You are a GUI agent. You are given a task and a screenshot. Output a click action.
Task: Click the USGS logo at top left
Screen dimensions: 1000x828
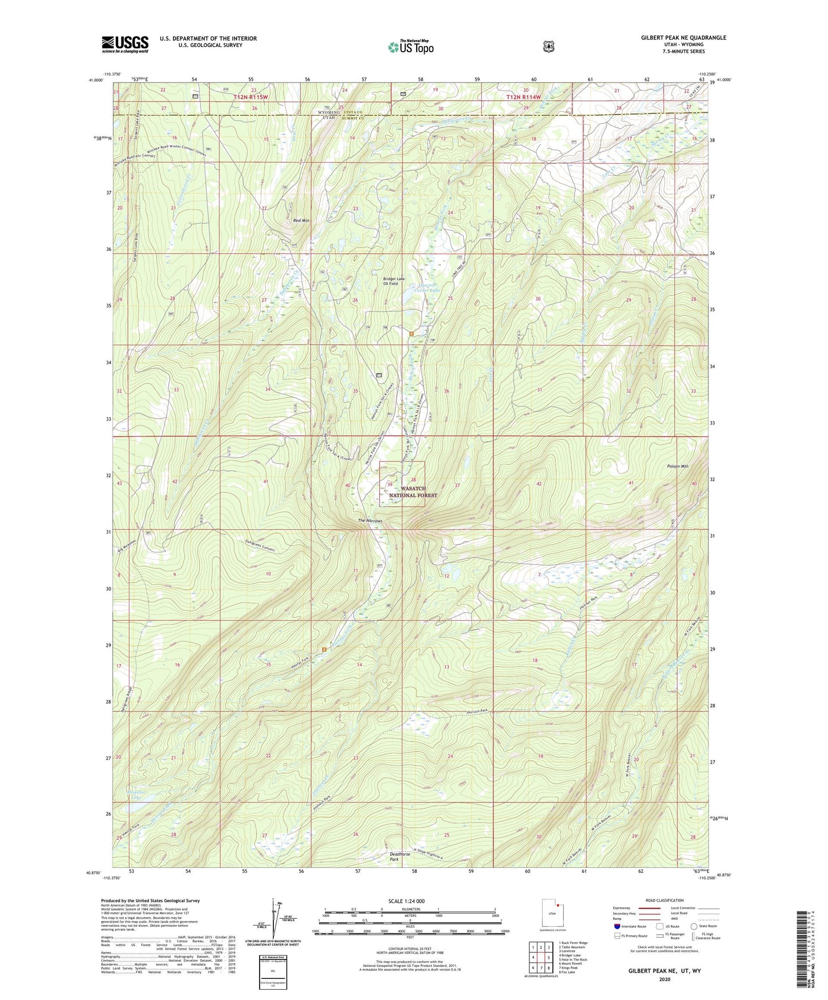click(x=125, y=44)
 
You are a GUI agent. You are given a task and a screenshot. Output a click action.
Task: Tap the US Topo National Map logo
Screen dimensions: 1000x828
click(x=409, y=46)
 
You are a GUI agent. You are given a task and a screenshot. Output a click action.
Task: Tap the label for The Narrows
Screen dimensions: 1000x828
click(x=370, y=521)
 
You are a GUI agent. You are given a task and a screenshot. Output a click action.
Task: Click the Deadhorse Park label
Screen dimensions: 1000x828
click(x=393, y=856)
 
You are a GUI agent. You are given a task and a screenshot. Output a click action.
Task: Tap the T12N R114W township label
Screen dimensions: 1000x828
click(x=523, y=98)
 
